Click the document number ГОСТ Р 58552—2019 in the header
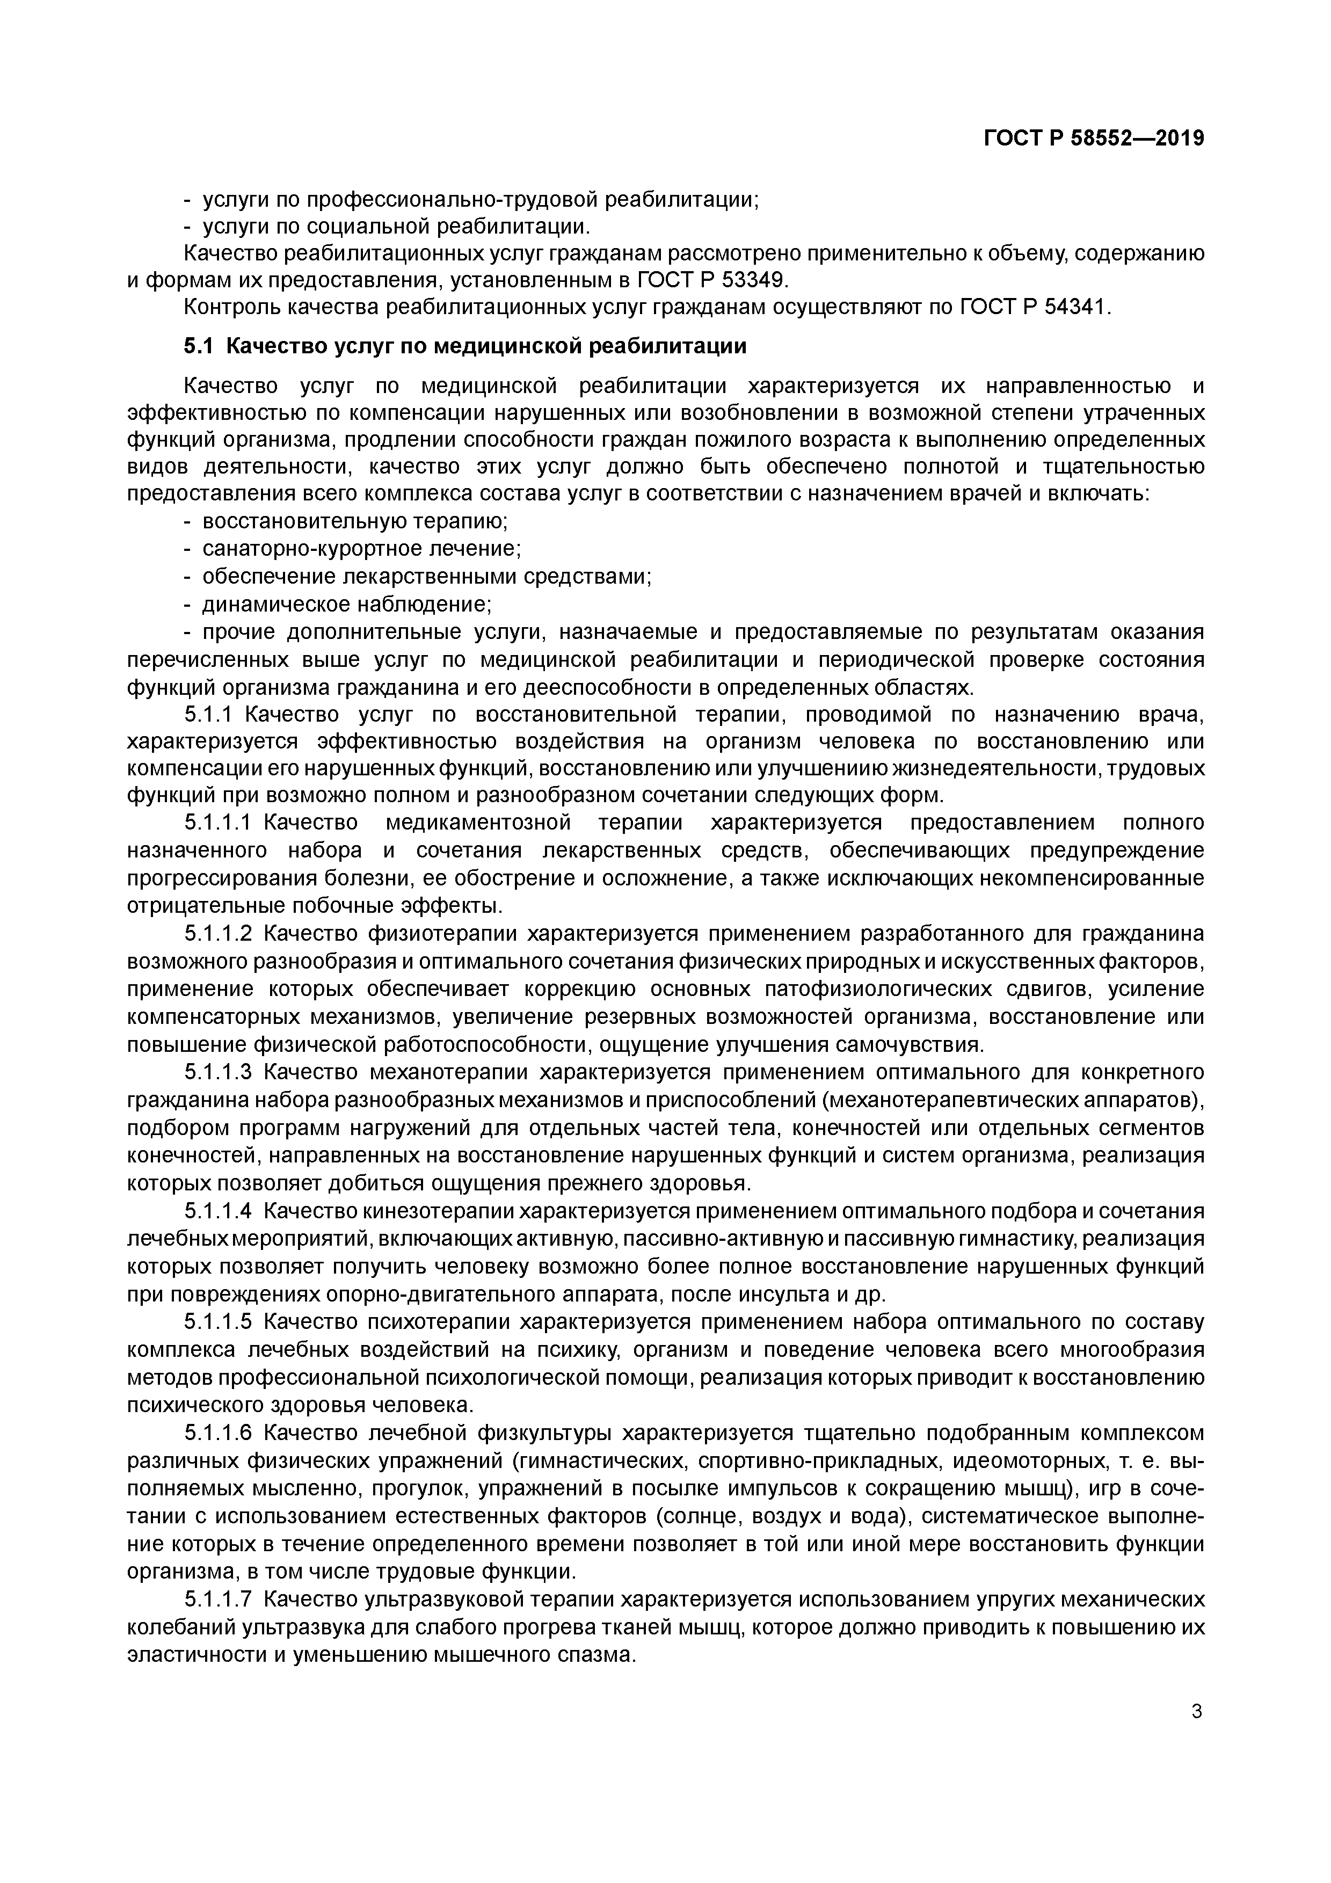1093,139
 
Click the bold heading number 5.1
198,346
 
